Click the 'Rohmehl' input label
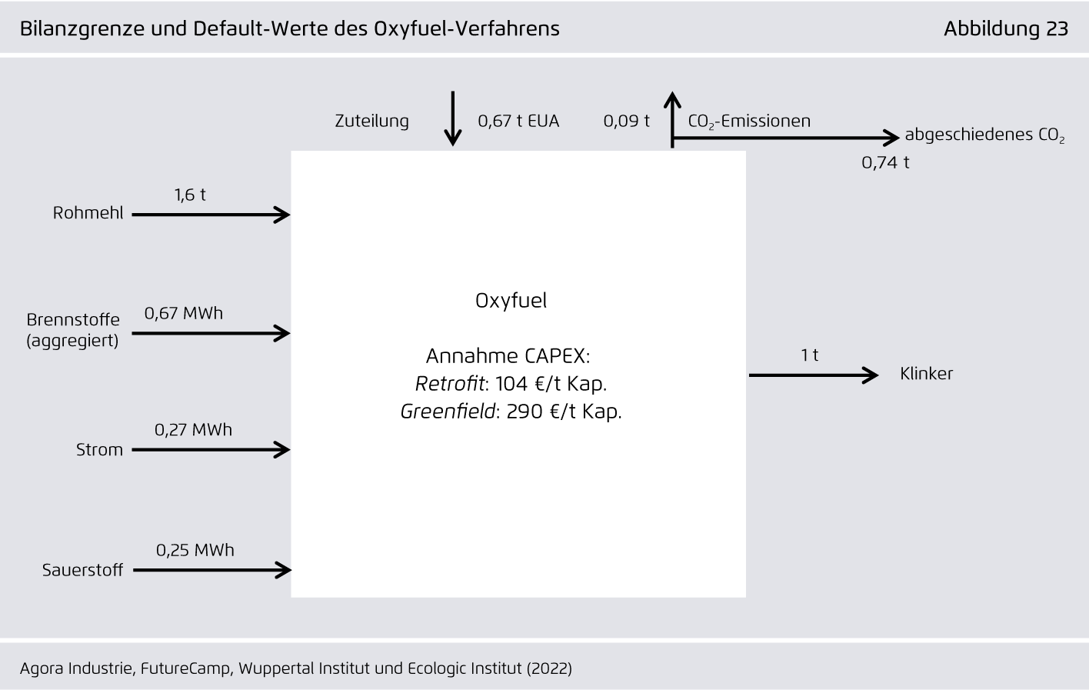(x=88, y=213)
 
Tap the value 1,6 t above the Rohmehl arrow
(x=190, y=195)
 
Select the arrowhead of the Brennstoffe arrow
(x=282, y=333)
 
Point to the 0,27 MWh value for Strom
(x=193, y=430)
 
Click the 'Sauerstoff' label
(x=82, y=570)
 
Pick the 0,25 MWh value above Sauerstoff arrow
(x=195, y=550)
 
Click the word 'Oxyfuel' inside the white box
(x=511, y=301)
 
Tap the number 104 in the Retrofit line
(x=511, y=384)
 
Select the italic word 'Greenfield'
(x=448, y=412)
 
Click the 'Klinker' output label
(x=926, y=373)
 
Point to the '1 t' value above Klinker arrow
(x=810, y=355)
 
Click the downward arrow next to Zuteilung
(x=453, y=118)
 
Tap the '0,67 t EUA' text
(x=518, y=121)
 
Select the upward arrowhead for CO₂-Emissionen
(x=672, y=100)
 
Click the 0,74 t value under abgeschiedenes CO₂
(x=884, y=162)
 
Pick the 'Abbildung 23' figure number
(x=1006, y=28)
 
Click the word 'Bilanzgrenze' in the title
(x=82, y=29)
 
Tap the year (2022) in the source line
(x=549, y=668)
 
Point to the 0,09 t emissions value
(x=626, y=121)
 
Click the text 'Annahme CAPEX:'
(x=508, y=356)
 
